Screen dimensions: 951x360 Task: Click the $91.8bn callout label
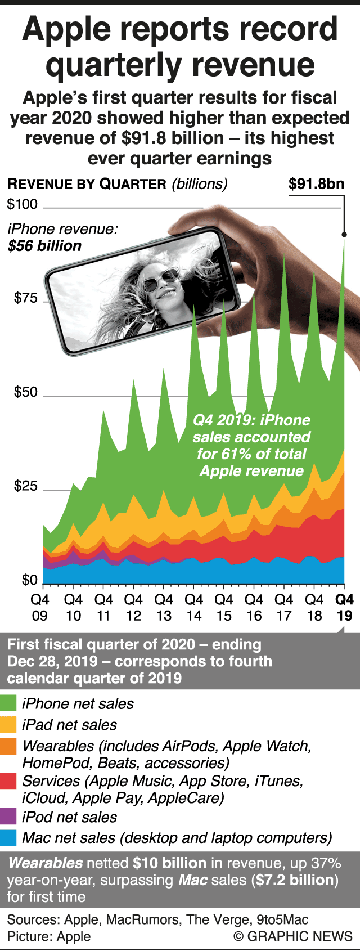[x=316, y=184]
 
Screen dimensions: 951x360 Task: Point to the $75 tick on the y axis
[x=26, y=298]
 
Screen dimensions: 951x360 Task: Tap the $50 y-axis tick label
[x=26, y=392]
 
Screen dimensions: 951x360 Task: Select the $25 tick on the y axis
[x=26, y=486]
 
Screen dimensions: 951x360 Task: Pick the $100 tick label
[x=22, y=204]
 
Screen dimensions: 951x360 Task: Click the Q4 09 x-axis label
[x=39, y=608]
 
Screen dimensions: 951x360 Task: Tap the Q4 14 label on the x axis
[x=193, y=608]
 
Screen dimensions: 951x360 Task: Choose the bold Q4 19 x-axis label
[x=344, y=608]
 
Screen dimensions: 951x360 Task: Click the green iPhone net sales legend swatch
[x=8, y=704]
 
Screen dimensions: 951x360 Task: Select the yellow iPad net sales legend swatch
[x=8, y=725]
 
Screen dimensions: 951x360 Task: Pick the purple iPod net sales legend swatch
[x=8, y=817]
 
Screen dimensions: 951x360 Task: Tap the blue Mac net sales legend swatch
[x=8, y=838]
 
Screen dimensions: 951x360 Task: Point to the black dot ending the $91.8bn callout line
[x=344, y=234]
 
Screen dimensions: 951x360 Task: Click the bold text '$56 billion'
[x=44, y=246]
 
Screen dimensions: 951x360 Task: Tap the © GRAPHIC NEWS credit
[x=293, y=936]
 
